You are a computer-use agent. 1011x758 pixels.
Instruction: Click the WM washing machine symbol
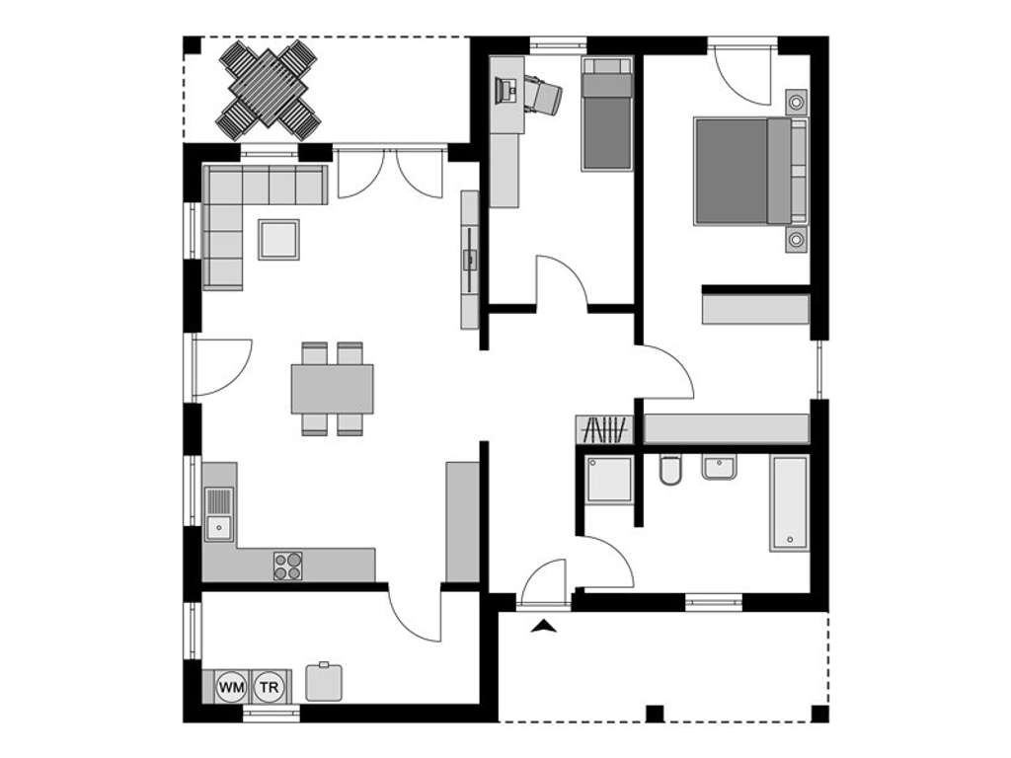point(231,686)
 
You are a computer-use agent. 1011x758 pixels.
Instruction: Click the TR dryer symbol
point(269,686)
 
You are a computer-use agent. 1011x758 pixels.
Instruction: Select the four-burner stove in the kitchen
point(288,566)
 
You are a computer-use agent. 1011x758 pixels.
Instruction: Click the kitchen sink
point(218,515)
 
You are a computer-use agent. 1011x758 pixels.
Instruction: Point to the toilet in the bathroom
point(670,470)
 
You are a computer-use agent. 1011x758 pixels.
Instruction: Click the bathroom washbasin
point(719,466)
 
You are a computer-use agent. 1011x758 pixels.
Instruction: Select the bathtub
point(790,502)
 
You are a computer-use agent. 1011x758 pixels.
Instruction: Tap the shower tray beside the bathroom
point(608,480)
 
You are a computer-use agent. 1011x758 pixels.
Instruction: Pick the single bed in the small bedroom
point(605,114)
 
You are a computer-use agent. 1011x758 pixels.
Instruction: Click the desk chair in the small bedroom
point(541,95)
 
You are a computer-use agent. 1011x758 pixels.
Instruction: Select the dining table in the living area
point(333,389)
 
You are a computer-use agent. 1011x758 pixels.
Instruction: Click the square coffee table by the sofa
point(278,239)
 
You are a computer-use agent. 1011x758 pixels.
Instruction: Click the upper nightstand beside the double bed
point(797,102)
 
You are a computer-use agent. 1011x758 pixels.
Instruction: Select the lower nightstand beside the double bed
point(797,240)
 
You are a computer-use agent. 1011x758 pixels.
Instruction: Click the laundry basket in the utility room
point(324,681)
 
